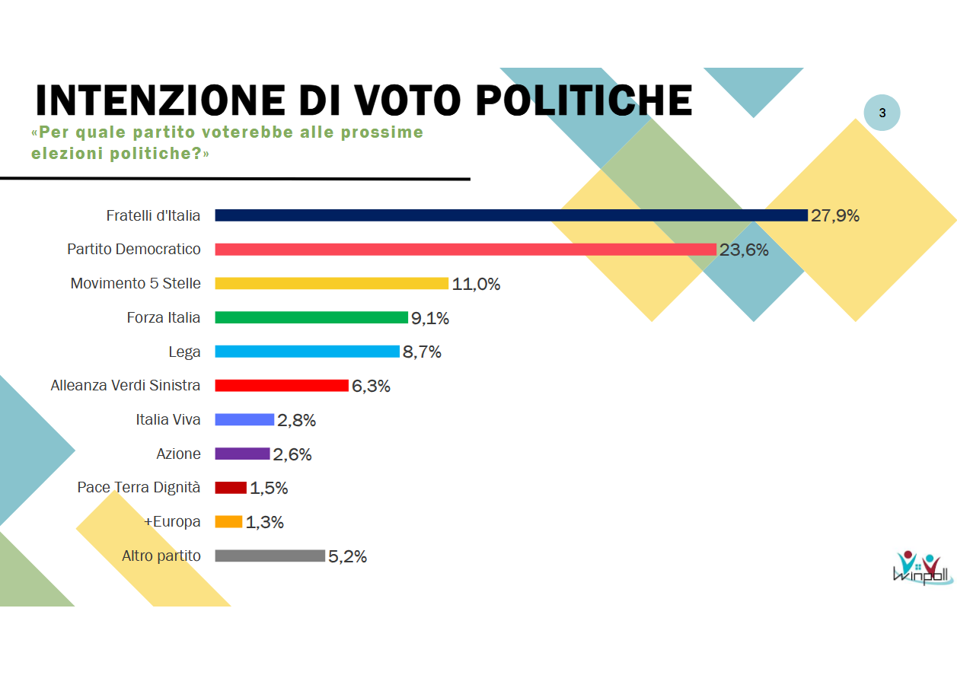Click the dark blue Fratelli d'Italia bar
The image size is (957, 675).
click(511, 215)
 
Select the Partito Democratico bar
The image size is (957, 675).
click(465, 250)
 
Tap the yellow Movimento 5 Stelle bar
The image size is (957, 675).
click(331, 284)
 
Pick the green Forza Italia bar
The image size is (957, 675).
click(311, 317)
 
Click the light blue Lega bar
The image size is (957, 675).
click(307, 352)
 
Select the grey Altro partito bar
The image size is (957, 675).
click(270, 556)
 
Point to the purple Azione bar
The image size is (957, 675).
click(242, 454)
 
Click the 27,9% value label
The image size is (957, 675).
click(835, 216)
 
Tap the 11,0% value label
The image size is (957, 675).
click(476, 285)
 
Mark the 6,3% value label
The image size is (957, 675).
click(371, 387)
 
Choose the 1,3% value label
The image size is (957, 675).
click(264, 523)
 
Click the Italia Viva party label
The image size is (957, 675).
click(168, 419)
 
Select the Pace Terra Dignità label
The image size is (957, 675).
click(139, 487)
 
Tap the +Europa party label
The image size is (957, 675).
click(172, 521)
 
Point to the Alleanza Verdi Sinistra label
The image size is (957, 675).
click(126, 385)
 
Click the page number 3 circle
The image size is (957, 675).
click(882, 113)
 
